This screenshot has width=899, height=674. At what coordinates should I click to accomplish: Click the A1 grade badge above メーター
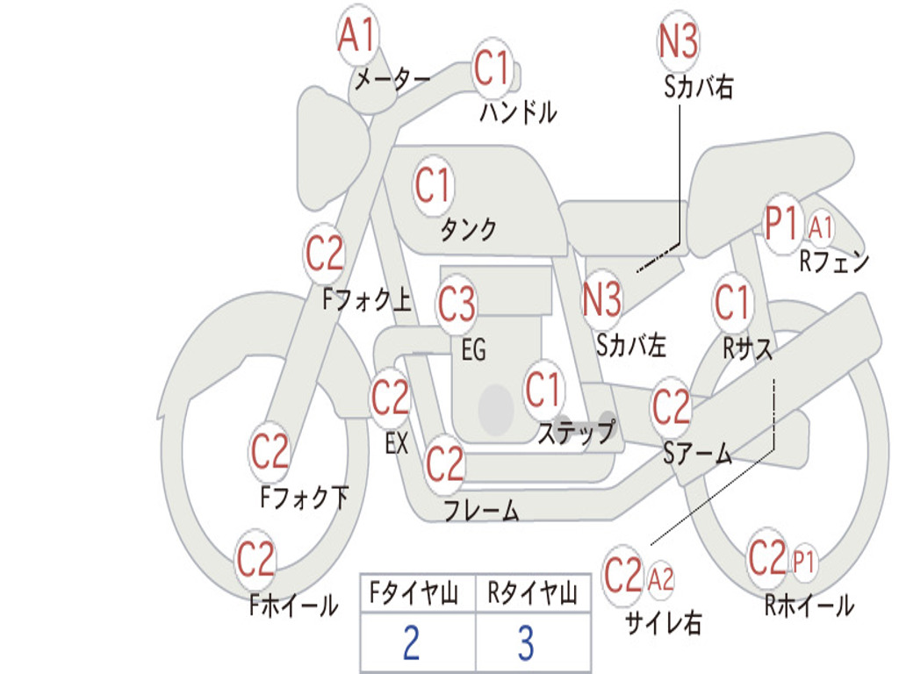(x=357, y=38)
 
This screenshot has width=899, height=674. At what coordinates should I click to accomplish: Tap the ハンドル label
(x=518, y=112)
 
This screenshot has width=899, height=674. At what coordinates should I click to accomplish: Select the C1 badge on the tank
(x=433, y=186)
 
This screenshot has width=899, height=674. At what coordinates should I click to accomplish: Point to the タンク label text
(x=468, y=230)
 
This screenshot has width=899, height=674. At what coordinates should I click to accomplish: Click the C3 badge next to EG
(x=457, y=305)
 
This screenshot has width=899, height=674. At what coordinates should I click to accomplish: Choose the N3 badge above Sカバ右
(x=678, y=40)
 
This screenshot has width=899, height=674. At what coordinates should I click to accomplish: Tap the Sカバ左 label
(x=631, y=345)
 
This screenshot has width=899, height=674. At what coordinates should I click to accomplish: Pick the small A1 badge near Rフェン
(x=821, y=228)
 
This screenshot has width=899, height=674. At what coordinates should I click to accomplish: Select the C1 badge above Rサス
(x=732, y=302)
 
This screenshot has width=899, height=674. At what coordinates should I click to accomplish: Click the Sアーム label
(x=697, y=453)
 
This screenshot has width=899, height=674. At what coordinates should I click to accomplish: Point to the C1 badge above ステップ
(x=543, y=391)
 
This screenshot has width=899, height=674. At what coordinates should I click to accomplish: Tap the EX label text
(x=397, y=443)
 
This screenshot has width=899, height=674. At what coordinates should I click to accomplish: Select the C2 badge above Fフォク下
(x=270, y=452)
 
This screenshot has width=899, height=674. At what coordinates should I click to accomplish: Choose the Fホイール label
(x=293, y=605)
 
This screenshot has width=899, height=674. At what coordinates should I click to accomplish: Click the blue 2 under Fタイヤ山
(x=411, y=643)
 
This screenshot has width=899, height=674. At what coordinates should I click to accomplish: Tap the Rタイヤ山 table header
(x=532, y=594)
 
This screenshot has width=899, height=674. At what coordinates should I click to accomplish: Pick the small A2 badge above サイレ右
(x=660, y=578)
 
